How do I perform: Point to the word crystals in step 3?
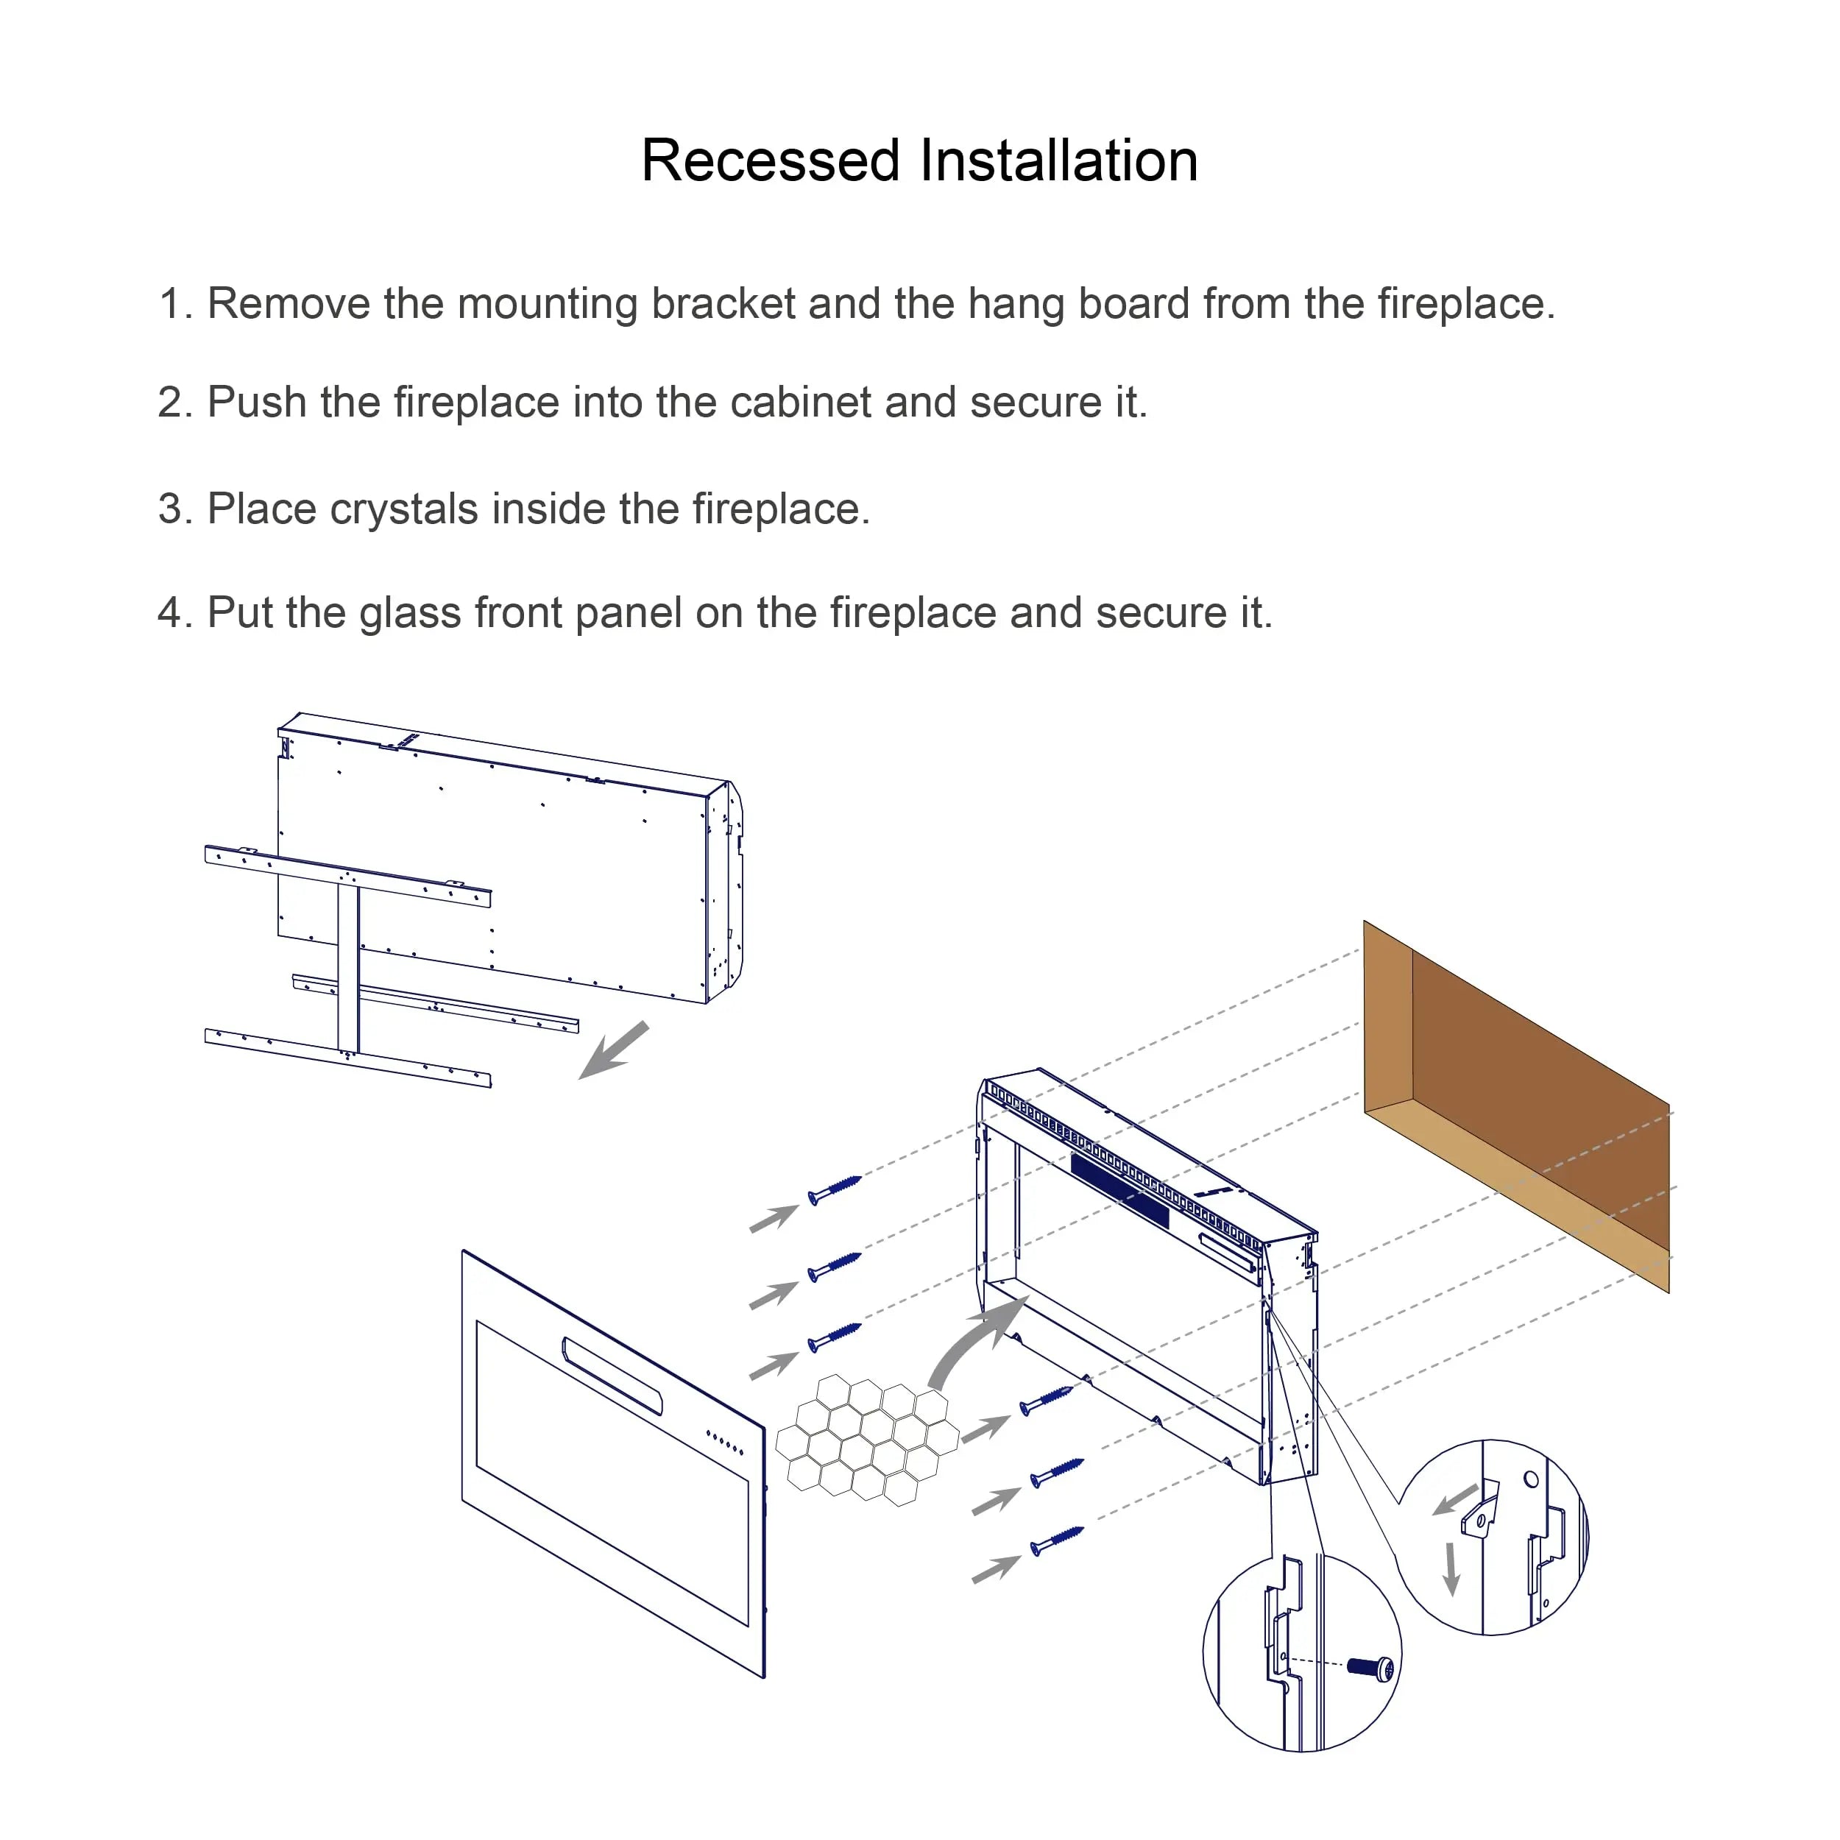pos(403,509)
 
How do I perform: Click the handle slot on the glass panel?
pos(612,1376)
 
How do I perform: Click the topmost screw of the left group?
pos(835,1189)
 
